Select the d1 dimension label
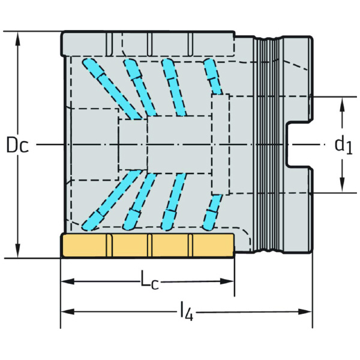click(343, 145)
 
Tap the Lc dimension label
click(149, 279)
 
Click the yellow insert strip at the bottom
click(147, 245)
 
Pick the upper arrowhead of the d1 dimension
click(342, 104)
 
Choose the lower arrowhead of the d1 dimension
click(342, 185)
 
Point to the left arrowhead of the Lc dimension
click(67, 281)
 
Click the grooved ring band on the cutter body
click(268, 145)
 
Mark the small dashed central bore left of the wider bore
click(133, 145)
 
